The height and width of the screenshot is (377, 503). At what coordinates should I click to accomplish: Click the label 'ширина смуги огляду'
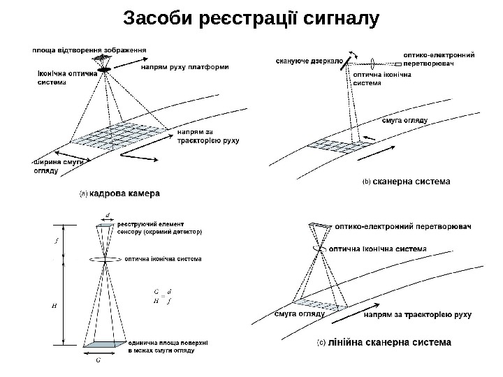click(57, 166)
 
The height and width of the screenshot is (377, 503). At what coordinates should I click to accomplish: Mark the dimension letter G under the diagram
click(97, 361)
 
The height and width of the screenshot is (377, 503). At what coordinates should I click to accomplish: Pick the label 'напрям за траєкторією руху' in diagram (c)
click(418, 315)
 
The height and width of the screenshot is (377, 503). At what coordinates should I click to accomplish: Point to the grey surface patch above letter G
click(98, 344)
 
